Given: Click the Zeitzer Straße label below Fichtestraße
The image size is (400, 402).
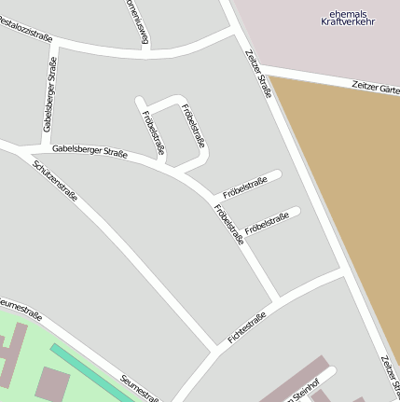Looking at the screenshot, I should (390, 377).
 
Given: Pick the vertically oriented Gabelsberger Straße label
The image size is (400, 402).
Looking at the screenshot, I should (50, 95).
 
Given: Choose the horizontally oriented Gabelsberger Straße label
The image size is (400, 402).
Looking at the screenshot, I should (90, 149).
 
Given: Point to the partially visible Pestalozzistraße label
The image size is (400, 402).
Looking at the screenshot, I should (25, 33).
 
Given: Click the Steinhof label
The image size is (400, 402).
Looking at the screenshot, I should (298, 393).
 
